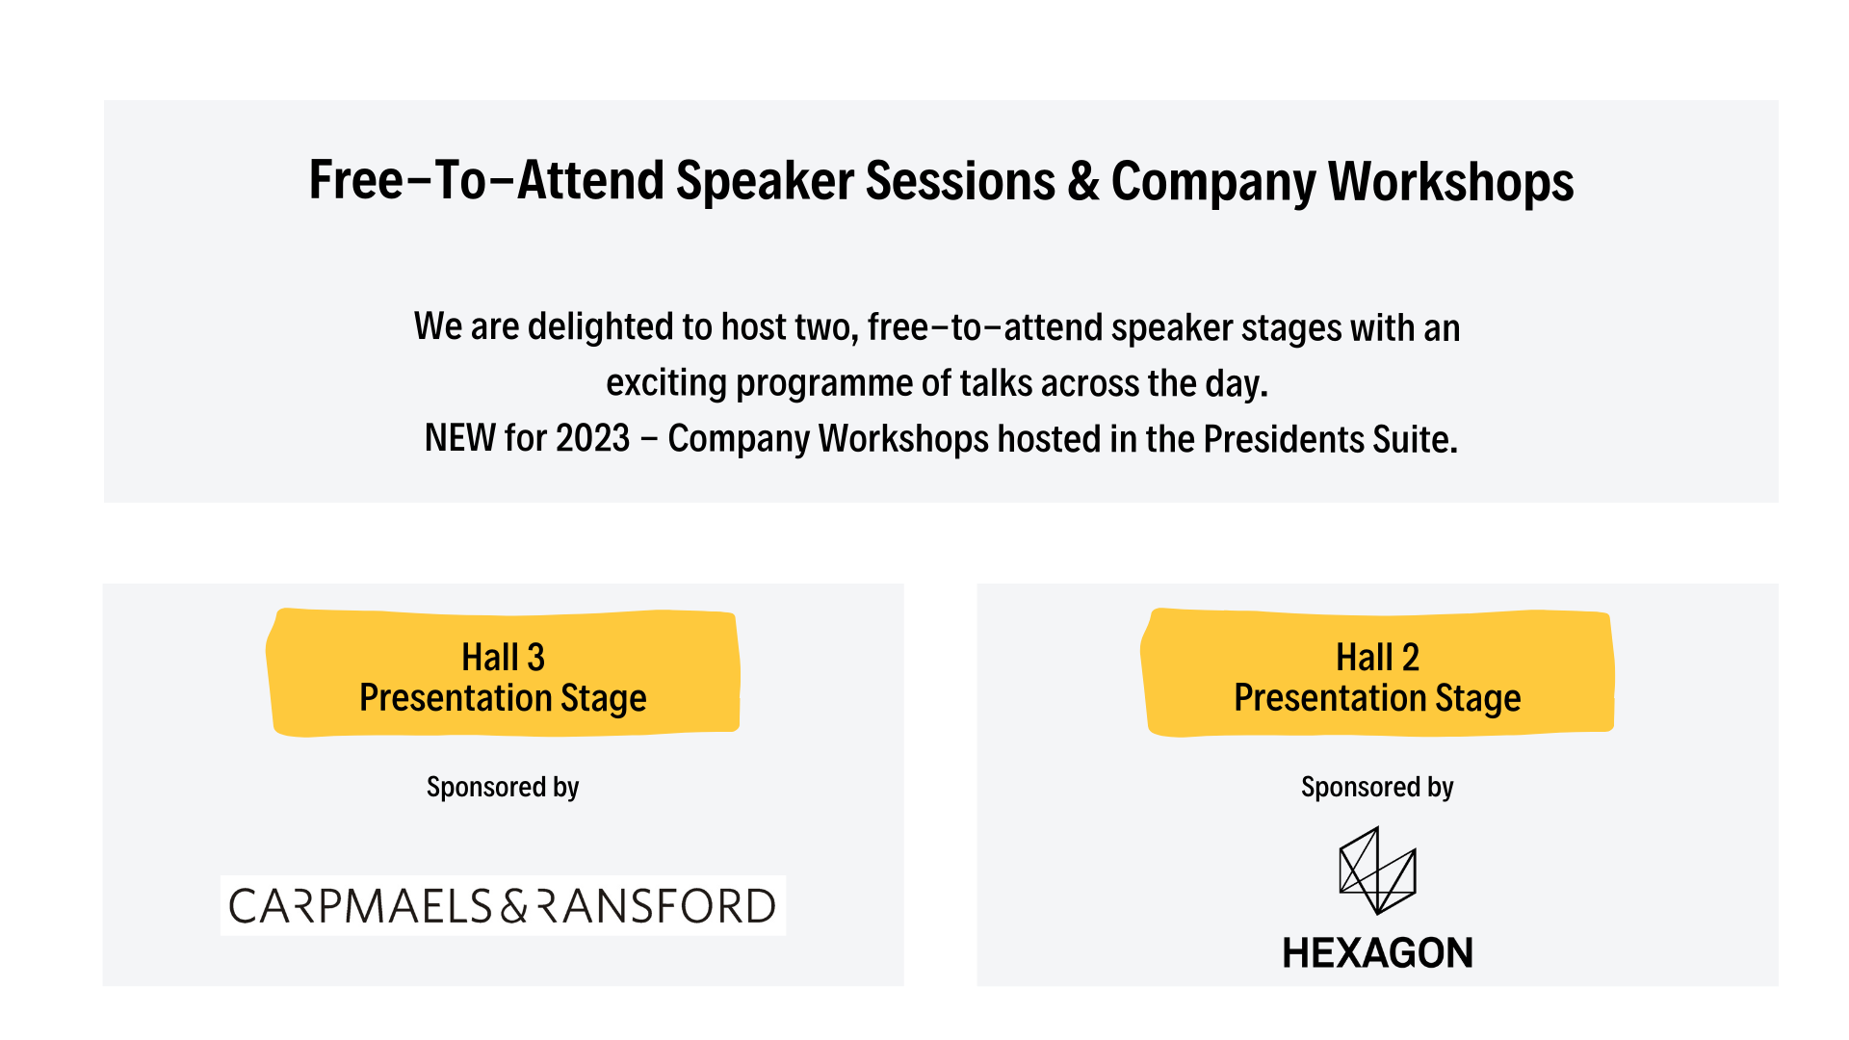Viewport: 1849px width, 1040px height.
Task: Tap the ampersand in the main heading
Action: (1083, 181)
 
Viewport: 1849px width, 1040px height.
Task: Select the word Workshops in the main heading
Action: (1451, 182)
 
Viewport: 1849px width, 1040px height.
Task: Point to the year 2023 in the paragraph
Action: (593, 439)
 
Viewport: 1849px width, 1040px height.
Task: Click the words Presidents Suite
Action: (1330, 439)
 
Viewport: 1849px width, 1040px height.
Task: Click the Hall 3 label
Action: (503, 658)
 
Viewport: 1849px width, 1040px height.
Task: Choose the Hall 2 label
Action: (1377, 658)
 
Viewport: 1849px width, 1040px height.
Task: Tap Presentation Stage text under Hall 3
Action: (503, 698)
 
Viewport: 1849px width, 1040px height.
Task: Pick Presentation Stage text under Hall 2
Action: (1377, 698)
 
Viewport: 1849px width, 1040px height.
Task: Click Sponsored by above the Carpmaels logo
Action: (503, 788)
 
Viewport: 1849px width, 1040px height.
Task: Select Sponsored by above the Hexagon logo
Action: (1377, 788)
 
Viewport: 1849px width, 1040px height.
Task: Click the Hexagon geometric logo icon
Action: (1377, 871)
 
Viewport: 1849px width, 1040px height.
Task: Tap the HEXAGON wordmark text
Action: (1377, 953)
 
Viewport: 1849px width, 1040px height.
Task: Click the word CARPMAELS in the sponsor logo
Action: (361, 906)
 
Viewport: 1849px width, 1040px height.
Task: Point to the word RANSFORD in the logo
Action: (656, 906)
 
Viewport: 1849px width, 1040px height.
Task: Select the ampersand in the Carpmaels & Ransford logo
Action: (514, 906)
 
